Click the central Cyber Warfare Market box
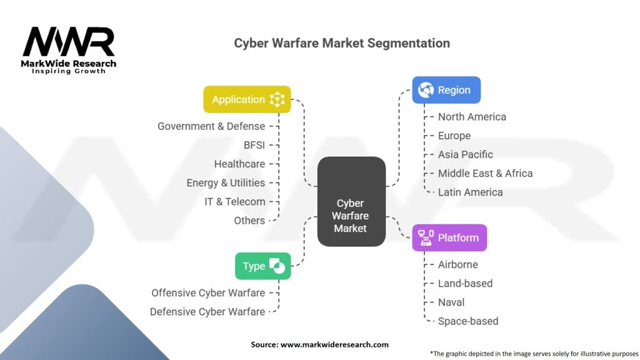(x=351, y=201)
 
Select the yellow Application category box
(x=247, y=99)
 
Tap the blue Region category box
(x=446, y=90)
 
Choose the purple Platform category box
(x=449, y=237)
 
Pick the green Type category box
(x=263, y=266)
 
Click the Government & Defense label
(x=211, y=126)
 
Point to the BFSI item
(x=254, y=145)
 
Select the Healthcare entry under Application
(x=239, y=164)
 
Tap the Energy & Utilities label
(x=226, y=182)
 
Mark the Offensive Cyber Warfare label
(x=208, y=292)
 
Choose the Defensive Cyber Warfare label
(x=207, y=311)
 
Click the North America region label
(x=472, y=117)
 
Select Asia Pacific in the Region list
(x=465, y=154)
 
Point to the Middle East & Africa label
(x=485, y=173)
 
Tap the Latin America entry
(x=470, y=192)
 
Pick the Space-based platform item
(x=467, y=321)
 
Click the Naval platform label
(x=451, y=302)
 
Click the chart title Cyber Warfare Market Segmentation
(x=342, y=43)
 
